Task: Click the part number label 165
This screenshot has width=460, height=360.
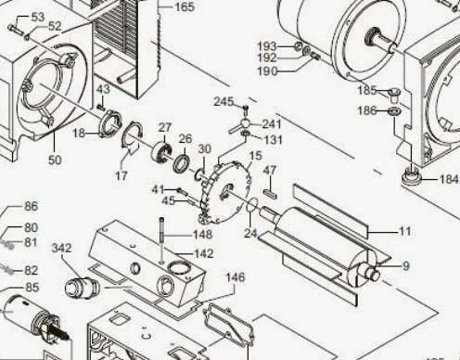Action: pos(185,6)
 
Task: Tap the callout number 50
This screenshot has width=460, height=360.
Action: pos(55,160)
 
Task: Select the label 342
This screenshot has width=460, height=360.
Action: pos(61,248)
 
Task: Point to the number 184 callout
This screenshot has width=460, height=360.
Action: pos(448,179)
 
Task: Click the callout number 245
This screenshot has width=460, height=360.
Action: pos(224,101)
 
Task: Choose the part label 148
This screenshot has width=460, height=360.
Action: pos(202,234)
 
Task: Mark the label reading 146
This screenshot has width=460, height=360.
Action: pos(235,277)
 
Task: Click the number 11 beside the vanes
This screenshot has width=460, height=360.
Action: pos(405,231)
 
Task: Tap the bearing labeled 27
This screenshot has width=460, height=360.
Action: pos(162,151)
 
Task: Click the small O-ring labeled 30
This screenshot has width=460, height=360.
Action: pos(198,174)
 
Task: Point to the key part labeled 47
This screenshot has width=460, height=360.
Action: pos(271,194)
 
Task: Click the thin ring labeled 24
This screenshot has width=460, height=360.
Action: pos(252,205)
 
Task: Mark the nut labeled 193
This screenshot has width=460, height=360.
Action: pos(298,46)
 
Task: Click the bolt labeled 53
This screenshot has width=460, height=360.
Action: pos(16,29)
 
